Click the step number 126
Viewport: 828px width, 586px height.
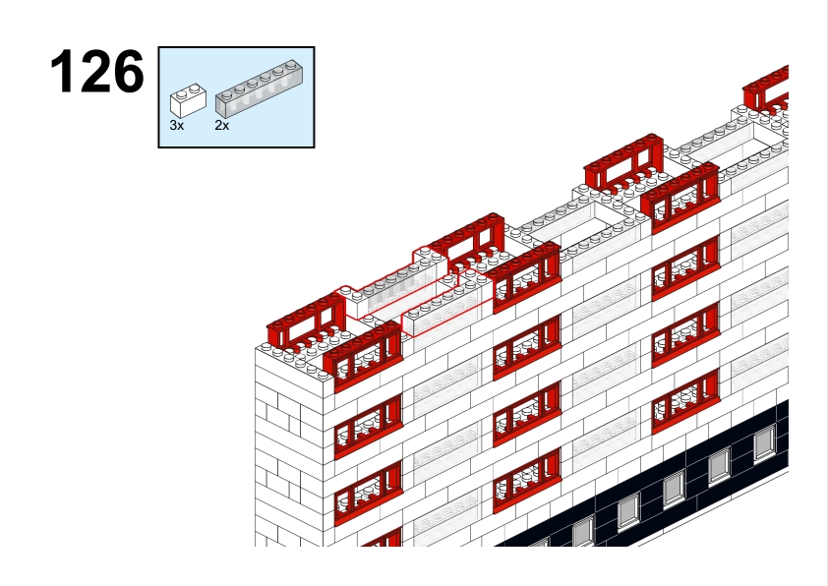pos(96,72)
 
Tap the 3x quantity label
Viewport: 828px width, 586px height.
pos(177,126)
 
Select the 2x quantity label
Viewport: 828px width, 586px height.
pos(222,126)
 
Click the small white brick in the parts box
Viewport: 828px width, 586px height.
pos(188,99)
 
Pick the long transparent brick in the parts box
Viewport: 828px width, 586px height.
pos(259,88)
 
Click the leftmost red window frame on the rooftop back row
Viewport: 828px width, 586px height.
pos(305,323)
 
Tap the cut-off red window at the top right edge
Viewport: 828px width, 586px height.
pos(767,88)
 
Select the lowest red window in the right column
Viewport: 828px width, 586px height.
pos(685,401)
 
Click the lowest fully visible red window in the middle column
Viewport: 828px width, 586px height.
pos(526,481)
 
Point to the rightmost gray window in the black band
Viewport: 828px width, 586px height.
pos(764,444)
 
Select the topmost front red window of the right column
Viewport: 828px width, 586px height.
pos(680,197)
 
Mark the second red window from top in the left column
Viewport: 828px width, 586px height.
pos(368,427)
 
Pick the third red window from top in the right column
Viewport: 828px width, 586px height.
pos(685,334)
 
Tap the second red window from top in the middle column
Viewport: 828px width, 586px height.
pos(526,347)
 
